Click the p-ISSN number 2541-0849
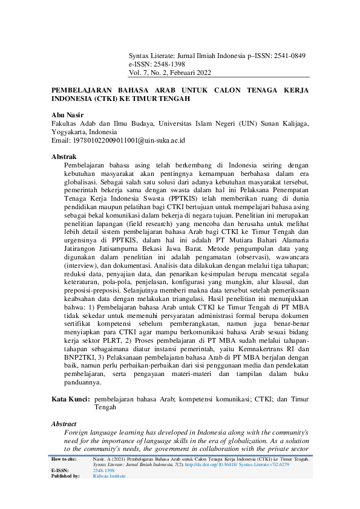(289, 55)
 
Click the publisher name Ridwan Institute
(110, 476)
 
